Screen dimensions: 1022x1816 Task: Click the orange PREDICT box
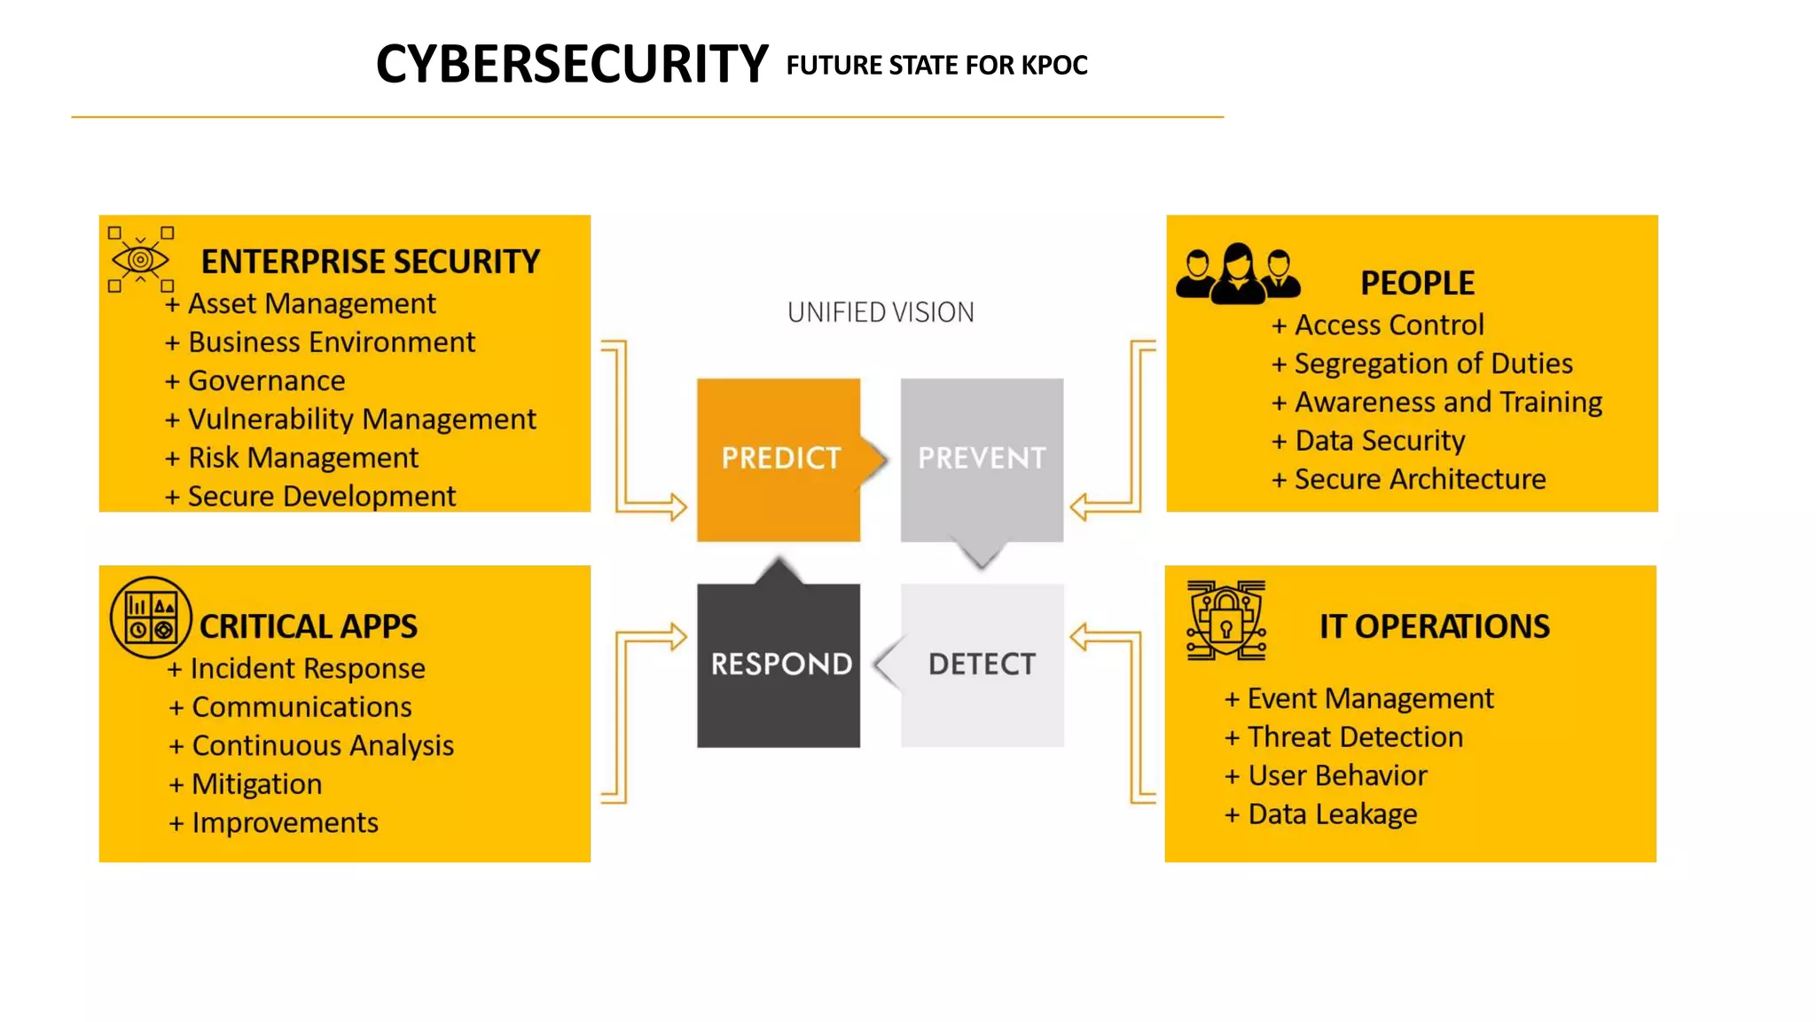click(779, 459)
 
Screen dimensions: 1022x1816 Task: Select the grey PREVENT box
click(982, 459)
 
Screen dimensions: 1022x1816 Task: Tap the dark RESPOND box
click(779, 664)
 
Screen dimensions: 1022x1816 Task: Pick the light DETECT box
click(982, 664)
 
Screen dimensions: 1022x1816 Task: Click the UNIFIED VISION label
click(881, 312)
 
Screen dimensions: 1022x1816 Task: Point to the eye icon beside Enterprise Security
click(140, 259)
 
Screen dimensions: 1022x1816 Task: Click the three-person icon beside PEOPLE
click(1238, 274)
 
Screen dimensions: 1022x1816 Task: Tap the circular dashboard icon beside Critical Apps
click(151, 617)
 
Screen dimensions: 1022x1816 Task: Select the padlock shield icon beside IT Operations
click(1226, 620)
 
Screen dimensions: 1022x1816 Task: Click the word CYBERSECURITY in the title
click(572, 65)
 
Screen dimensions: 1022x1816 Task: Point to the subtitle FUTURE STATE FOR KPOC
click(936, 66)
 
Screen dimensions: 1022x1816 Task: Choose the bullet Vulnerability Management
click(362, 419)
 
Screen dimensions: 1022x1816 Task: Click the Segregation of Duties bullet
click(1433, 364)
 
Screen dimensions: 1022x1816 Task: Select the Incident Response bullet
click(307, 668)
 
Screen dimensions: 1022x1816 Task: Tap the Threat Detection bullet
click(1355, 737)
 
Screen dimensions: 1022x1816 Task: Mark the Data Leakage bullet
click(1332, 814)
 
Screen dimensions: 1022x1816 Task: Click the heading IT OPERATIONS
click(1434, 626)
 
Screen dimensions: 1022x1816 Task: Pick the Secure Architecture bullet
click(1420, 479)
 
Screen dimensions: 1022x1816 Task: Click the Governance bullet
click(266, 381)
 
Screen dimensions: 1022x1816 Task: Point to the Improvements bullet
click(285, 823)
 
